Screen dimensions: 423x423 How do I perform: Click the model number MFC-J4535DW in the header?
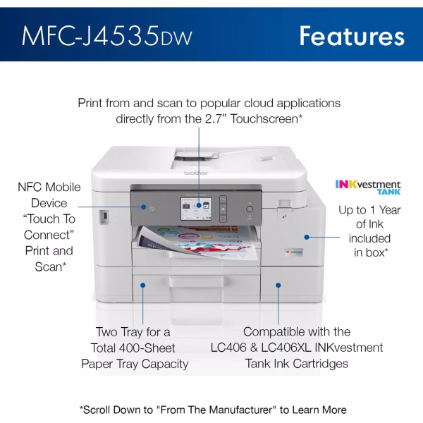[106, 34]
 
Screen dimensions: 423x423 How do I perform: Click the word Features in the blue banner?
[351, 34]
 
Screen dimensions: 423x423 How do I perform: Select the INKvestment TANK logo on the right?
[367, 188]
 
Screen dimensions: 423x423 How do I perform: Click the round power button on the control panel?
[249, 209]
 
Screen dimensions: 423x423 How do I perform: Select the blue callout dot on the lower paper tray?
[144, 286]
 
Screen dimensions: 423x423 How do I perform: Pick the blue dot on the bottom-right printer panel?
[278, 286]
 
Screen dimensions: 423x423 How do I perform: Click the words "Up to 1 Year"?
[369, 210]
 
